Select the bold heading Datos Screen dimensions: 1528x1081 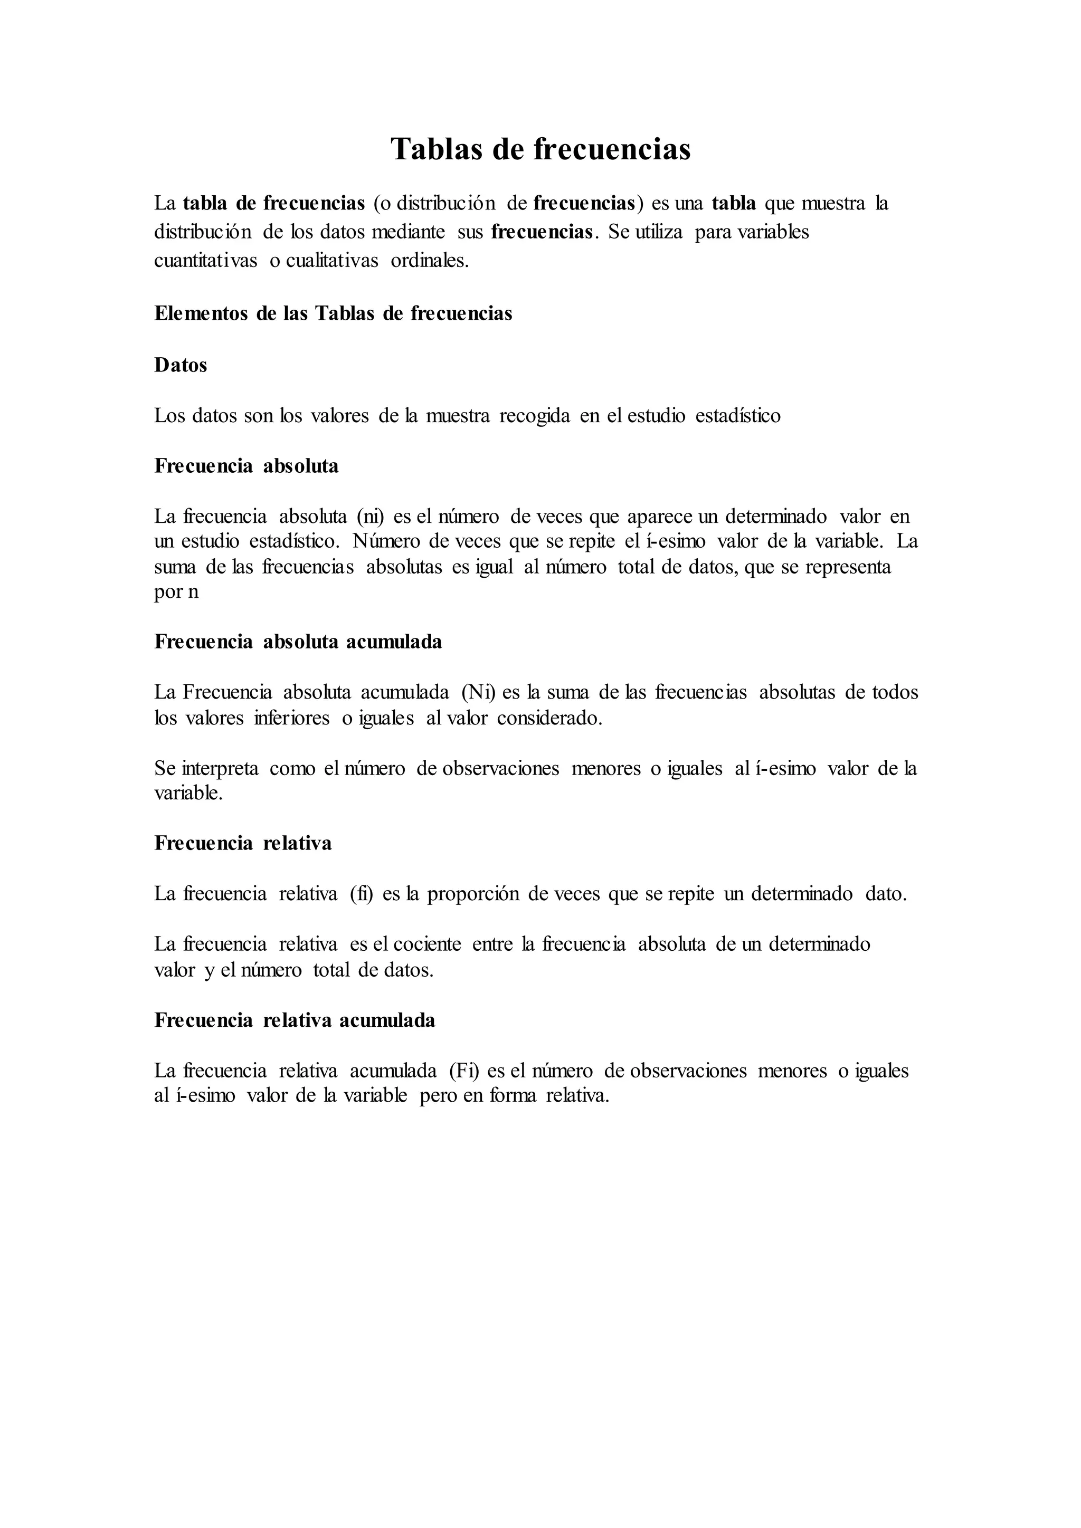[181, 365]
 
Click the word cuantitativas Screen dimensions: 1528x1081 [206, 260]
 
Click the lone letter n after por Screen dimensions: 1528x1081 [193, 591]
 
